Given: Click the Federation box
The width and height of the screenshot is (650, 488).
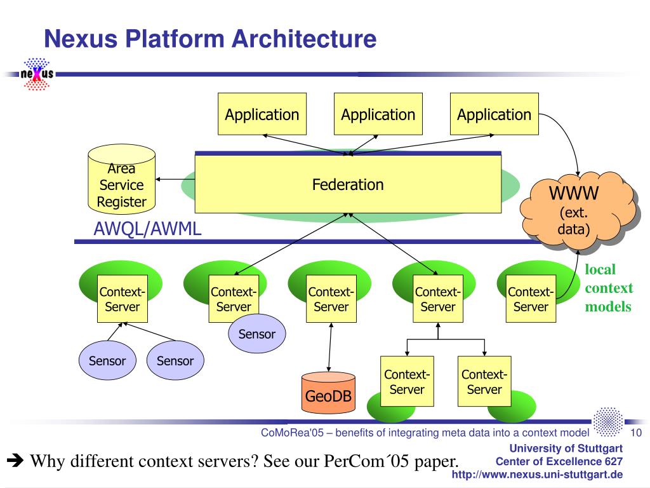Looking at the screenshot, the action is click(348, 184).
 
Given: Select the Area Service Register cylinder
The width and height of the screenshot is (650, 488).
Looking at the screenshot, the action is click(121, 179).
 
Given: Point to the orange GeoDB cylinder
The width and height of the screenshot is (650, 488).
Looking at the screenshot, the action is click(328, 393).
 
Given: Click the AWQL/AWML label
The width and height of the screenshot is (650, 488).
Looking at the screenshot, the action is click(147, 229).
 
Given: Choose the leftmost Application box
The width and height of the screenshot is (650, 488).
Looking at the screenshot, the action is click(262, 114).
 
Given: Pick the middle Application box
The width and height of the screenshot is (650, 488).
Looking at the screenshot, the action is click(378, 114).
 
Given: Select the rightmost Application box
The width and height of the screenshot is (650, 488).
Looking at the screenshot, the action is click(494, 114).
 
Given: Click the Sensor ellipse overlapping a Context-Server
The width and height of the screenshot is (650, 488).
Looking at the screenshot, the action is click(257, 334).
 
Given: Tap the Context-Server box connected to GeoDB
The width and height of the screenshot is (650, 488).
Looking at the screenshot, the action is click(331, 299).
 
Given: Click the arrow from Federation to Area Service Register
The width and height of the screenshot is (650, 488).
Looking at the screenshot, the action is click(175, 179).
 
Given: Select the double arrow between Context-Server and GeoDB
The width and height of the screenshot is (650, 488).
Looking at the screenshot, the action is click(330, 348).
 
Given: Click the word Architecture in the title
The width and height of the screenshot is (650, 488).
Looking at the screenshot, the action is click(304, 39).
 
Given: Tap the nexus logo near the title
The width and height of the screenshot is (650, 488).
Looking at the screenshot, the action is click(37, 74).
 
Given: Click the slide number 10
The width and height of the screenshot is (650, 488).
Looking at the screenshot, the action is click(636, 433).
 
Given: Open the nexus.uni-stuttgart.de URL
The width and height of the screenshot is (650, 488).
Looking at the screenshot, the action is click(537, 474).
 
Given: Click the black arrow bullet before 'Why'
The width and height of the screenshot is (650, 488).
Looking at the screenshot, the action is click(15, 460).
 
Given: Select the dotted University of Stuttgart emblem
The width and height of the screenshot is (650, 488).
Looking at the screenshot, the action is click(607, 422).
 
